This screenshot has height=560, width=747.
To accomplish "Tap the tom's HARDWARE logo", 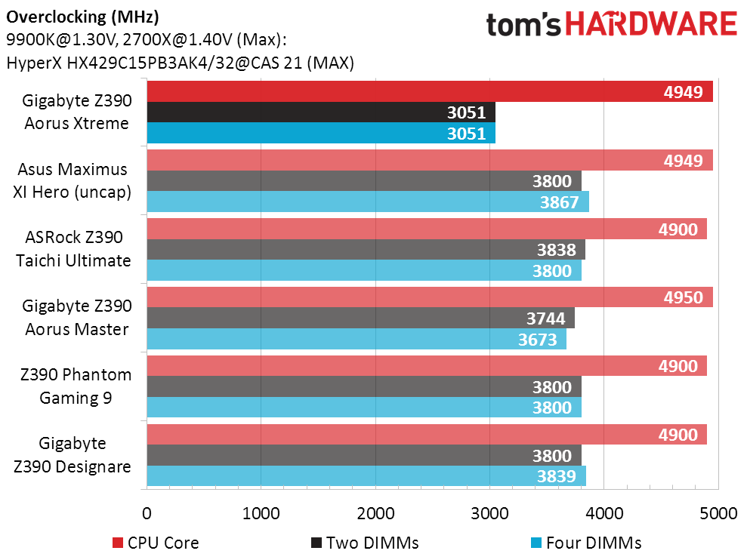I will [611, 26].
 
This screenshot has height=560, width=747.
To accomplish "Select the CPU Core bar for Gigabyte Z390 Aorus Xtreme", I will [430, 92].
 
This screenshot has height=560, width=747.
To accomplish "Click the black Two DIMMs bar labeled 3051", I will [321, 112].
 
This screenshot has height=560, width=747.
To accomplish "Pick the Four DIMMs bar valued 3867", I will [368, 202].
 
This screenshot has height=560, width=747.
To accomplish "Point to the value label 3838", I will [556, 250].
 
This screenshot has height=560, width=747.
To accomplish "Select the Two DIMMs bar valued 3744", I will [360, 318].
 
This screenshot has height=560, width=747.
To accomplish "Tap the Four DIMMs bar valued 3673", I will [357, 340].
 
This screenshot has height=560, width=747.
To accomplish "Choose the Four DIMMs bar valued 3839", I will [366, 476].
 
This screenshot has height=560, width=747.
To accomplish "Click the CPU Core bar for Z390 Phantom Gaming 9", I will [427, 366].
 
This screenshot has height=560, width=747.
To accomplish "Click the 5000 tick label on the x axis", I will [718, 514].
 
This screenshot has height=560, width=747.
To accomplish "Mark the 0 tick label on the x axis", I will [147, 514].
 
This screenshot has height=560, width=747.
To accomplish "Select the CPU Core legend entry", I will [156, 543].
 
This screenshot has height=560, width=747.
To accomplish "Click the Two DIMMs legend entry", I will [364, 543].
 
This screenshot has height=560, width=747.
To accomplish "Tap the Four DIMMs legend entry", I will [586, 543].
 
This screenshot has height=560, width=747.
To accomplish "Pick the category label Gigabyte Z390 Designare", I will [73, 455].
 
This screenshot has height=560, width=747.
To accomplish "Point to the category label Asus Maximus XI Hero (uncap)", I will [73, 180].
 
